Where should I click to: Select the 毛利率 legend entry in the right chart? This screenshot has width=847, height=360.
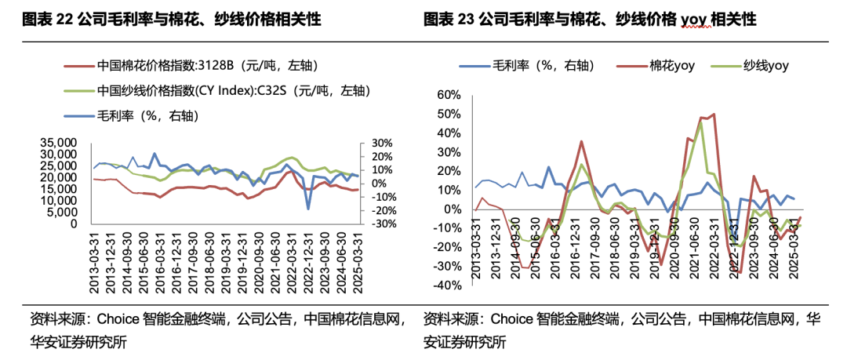pyautogui.click(x=533, y=67)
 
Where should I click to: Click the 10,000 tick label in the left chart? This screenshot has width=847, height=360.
pyautogui.click(x=60, y=201)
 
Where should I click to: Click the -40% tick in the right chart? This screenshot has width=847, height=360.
pyautogui.click(x=449, y=285)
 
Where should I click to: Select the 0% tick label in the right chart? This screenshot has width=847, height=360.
pyautogui.click(x=454, y=209)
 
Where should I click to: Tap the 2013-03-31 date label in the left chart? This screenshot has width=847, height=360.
pyautogui.click(x=93, y=255)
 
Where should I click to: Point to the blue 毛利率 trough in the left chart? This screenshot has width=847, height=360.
pyautogui.click(x=309, y=209)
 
